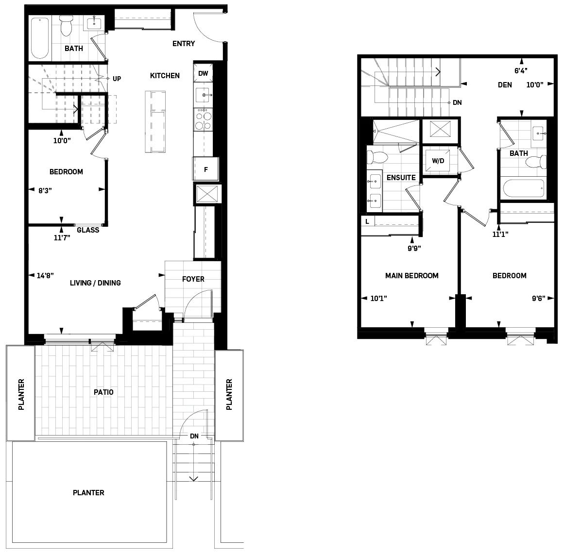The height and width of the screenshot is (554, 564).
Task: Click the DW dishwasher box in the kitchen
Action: pyautogui.click(x=203, y=74)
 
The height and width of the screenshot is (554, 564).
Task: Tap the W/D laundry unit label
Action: pyautogui.click(x=438, y=161)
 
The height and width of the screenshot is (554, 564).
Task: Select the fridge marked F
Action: pyautogui.click(x=206, y=169)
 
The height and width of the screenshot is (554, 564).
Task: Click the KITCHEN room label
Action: pyautogui.click(x=165, y=76)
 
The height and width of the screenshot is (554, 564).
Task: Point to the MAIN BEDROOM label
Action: pyautogui.click(x=411, y=276)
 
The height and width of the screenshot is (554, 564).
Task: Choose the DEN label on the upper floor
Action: pyautogui.click(x=505, y=85)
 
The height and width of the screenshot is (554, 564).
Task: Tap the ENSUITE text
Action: pyautogui.click(x=401, y=178)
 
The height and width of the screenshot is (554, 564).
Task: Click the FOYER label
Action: pyautogui.click(x=193, y=279)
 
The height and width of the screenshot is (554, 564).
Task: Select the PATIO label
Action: pyautogui.click(x=104, y=392)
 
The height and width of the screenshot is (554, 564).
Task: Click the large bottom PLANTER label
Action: pyautogui.click(x=88, y=493)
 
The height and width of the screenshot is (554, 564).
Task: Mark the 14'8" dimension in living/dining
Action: pyautogui.click(x=45, y=276)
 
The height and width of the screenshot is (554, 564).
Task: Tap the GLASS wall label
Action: pyautogui.click(x=88, y=230)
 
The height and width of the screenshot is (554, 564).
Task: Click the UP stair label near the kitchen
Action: pyautogui.click(x=117, y=78)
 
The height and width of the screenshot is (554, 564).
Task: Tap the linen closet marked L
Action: pyautogui.click(x=367, y=221)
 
